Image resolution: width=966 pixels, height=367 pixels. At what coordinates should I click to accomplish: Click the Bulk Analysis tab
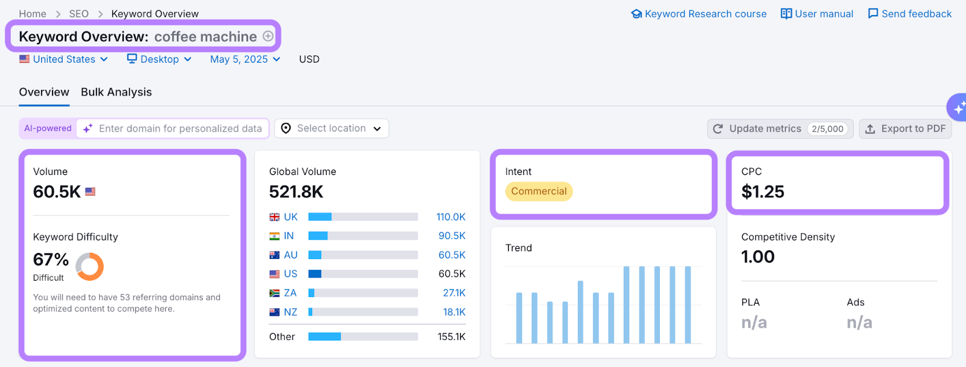coord(116,92)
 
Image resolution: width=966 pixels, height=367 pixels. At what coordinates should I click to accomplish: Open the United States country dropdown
coord(63,59)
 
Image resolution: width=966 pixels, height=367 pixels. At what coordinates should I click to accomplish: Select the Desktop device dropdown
coord(159,59)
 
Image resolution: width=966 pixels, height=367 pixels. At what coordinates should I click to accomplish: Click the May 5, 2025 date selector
coord(245,59)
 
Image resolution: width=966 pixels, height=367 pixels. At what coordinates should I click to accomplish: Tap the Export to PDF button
coord(905,129)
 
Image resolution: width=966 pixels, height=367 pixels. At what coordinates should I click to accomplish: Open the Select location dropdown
coord(331,129)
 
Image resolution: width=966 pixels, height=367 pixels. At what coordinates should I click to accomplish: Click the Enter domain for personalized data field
coord(180,129)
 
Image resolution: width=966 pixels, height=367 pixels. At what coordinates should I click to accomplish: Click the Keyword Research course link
coord(699,14)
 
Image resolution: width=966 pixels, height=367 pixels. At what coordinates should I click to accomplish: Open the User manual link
coord(817,14)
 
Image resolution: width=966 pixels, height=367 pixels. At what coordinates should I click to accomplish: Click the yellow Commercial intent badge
coord(539,191)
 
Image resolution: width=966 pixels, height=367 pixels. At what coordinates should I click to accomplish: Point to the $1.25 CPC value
coord(763,192)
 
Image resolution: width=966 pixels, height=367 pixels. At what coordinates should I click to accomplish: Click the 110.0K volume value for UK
coord(450,217)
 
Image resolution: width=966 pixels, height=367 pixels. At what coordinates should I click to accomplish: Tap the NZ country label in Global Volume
coord(290,312)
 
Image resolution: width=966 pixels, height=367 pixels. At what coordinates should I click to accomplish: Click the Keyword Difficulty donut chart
coord(90,266)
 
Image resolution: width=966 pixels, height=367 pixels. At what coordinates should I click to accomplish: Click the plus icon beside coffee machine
coord(268,36)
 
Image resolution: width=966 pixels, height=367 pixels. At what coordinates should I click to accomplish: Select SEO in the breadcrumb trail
coord(78,14)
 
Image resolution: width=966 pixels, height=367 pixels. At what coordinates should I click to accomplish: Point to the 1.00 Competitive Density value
coord(758,257)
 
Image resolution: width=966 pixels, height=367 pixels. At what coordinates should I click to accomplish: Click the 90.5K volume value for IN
coord(452,236)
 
